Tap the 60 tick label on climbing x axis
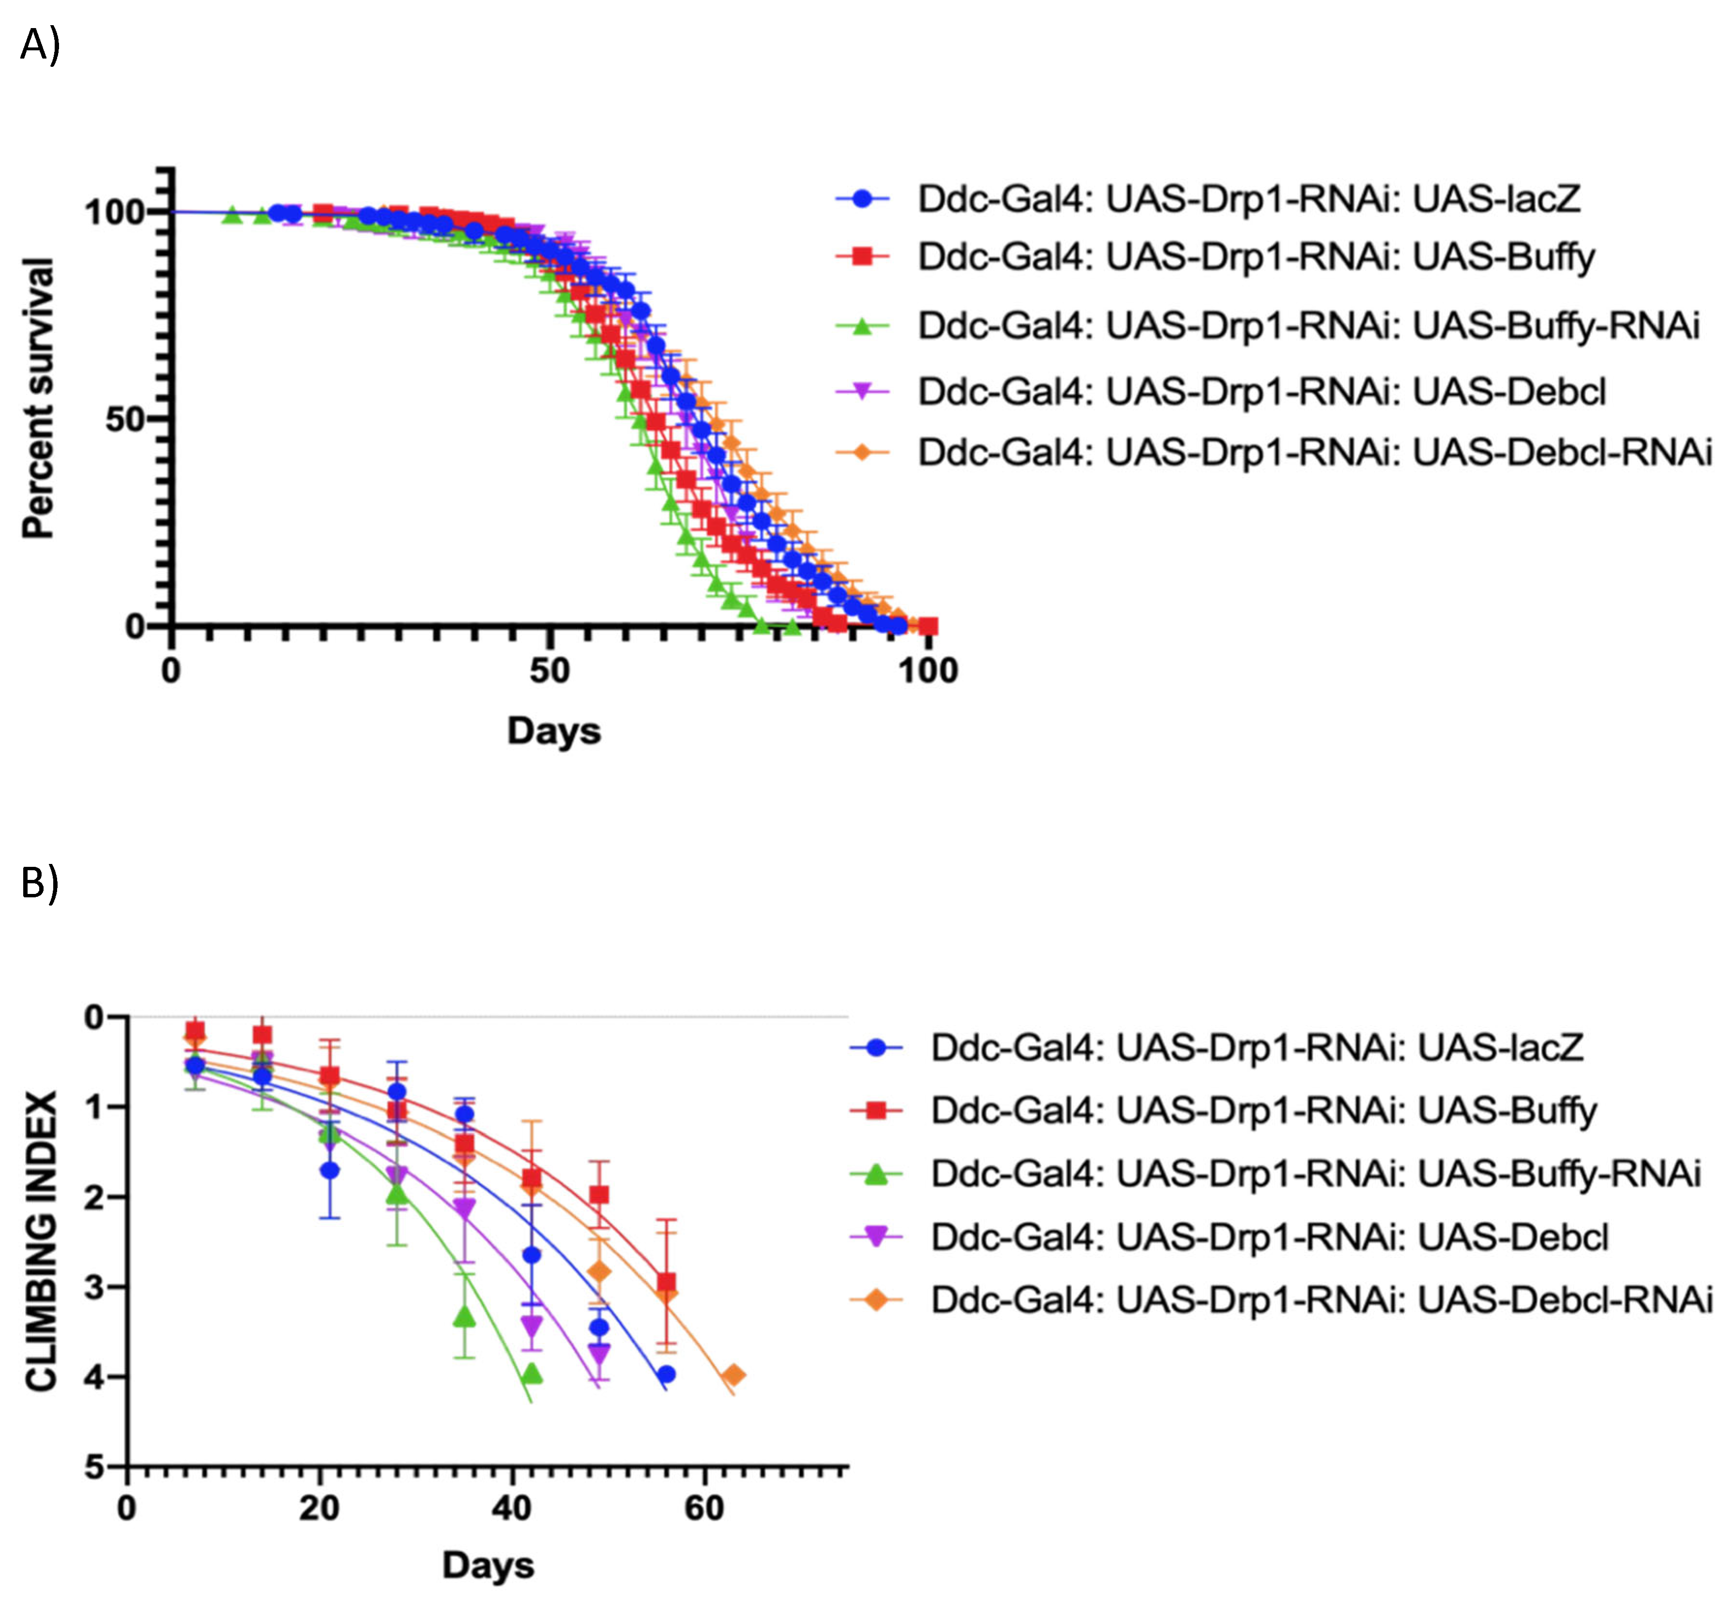click(703, 1509)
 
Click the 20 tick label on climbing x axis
click(319, 1509)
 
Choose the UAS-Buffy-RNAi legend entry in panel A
click(1308, 326)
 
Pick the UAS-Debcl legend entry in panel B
click(1269, 1237)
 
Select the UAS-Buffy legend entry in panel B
click(1263, 1110)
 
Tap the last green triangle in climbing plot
click(532, 1374)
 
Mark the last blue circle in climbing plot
click(666, 1374)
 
